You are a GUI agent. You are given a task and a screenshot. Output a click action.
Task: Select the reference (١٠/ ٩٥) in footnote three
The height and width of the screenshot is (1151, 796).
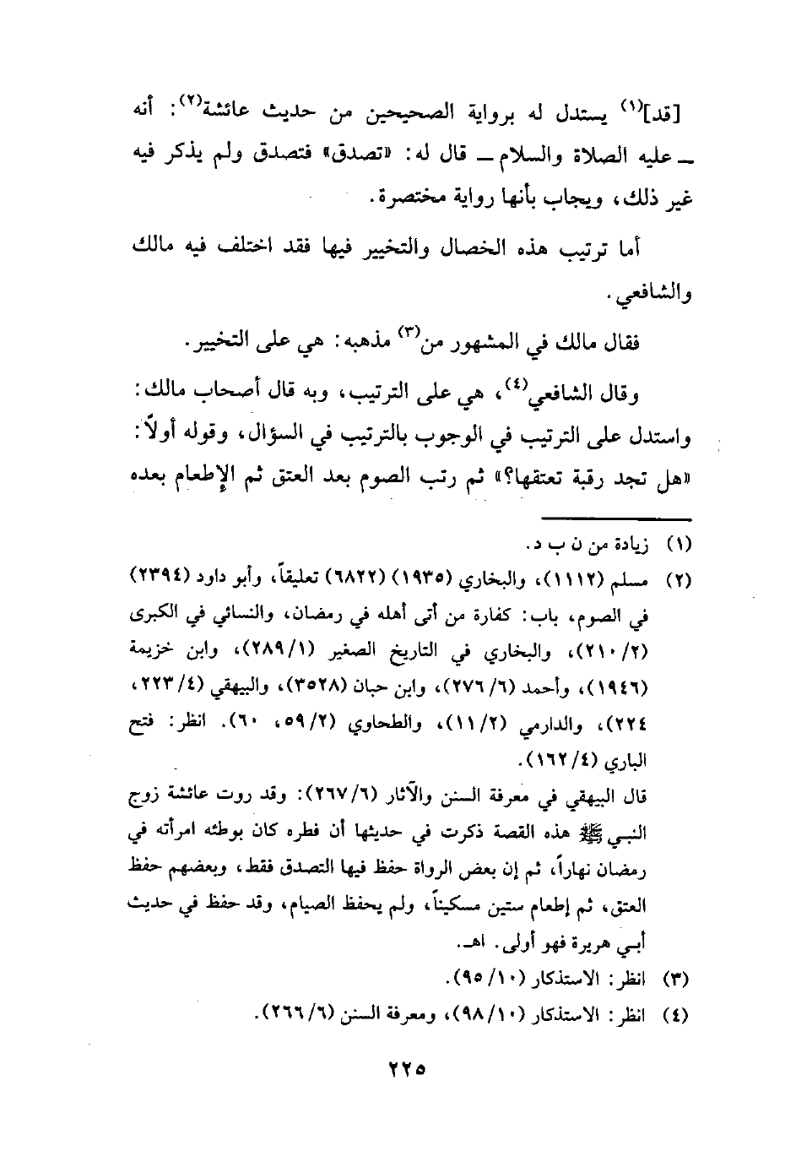[474, 980]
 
